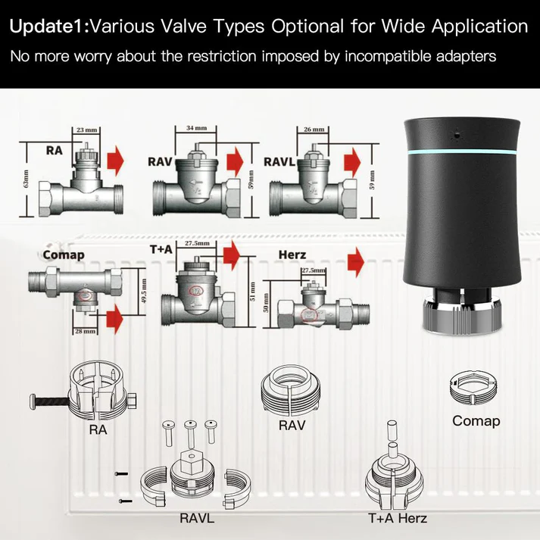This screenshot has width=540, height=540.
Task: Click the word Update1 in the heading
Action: point(48,27)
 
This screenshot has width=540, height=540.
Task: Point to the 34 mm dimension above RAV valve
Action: point(192,128)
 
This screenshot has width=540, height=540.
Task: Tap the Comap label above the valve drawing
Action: point(64,255)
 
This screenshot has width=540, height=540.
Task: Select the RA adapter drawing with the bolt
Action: point(98,392)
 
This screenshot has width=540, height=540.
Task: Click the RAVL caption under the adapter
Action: point(197,519)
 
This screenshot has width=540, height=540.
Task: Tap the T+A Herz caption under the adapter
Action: point(398,519)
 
